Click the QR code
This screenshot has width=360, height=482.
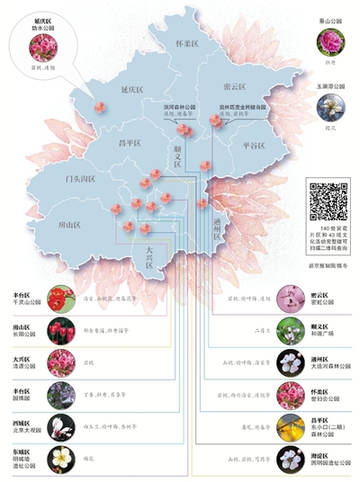coord(328,201)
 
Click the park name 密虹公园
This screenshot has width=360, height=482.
coord(319,303)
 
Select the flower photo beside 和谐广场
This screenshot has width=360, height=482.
coord(290,331)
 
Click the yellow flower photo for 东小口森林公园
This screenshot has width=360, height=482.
coord(290,429)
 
